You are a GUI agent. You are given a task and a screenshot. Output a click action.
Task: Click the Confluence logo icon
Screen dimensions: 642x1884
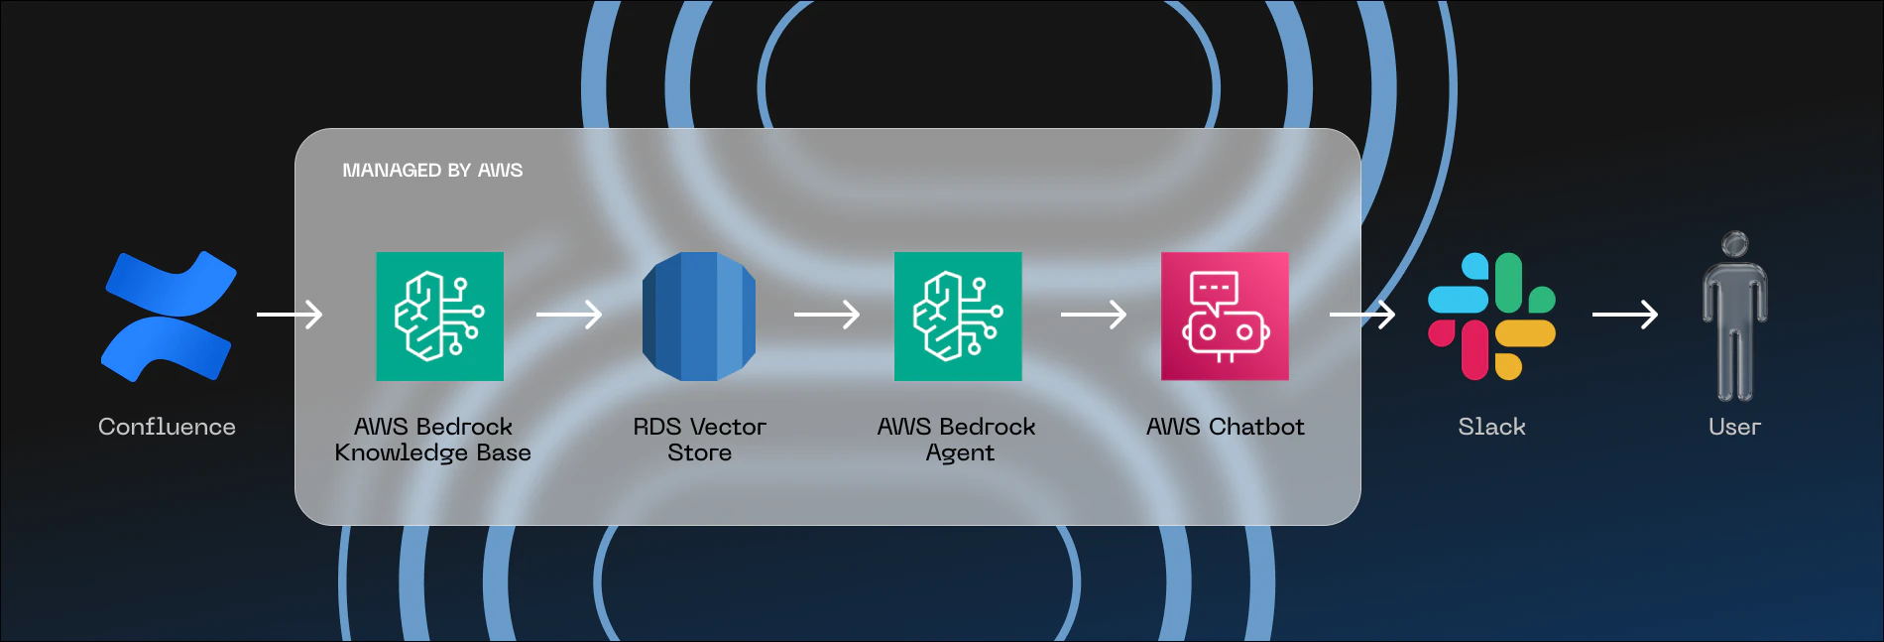coord(169,316)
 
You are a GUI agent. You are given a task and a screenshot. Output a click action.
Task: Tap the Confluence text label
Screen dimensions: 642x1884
coord(167,427)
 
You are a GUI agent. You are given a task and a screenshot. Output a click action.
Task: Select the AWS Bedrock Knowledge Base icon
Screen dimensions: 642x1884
coord(439,316)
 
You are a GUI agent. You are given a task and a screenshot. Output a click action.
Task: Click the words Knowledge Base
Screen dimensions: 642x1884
coord(432,452)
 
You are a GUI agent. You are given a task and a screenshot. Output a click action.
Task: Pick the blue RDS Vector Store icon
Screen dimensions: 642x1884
coord(699,316)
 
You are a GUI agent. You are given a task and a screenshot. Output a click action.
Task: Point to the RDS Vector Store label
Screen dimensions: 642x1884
coord(699,439)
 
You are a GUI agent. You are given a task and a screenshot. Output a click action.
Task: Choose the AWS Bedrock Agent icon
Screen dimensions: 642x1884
coord(958,316)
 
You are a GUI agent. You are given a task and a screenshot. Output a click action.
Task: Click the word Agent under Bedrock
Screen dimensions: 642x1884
coord(960,453)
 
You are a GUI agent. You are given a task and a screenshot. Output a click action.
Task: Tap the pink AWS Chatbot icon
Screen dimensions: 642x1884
coord(1225,316)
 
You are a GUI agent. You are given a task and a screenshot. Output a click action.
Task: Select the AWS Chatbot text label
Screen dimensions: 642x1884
coord(1225,427)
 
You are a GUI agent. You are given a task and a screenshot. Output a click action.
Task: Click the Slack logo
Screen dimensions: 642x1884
coord(1491,316)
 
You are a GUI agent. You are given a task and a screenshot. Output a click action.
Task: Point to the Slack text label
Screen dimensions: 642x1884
coord(1491,427)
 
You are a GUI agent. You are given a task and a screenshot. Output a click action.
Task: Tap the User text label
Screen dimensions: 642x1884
coord(1734,427)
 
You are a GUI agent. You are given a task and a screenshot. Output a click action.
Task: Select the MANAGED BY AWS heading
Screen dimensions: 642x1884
coord(432,171)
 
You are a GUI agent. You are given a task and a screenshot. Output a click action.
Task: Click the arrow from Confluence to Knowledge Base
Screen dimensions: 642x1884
coord(290,315)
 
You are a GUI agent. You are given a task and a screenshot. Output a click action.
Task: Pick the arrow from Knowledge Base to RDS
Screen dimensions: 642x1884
coord(569,315)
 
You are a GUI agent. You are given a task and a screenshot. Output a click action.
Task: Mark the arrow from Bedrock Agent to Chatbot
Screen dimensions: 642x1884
coord(1094,315)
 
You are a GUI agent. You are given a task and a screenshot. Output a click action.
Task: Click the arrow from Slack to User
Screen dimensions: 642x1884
coord(1625,315)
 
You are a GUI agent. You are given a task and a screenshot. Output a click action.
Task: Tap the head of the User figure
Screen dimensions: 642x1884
coord(1734,244)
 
